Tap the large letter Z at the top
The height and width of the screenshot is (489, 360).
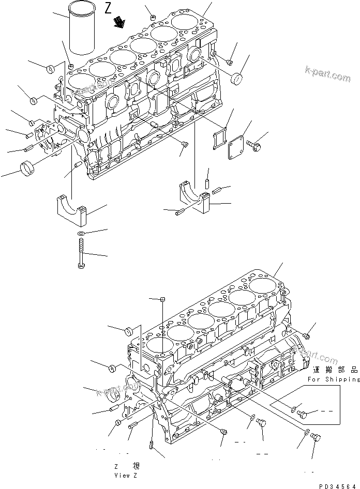(108, 8)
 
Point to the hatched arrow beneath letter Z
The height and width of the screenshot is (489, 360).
(121, 22)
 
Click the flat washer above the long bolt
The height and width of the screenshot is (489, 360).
(81, 234)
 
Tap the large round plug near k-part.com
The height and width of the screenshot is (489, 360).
(237, 79)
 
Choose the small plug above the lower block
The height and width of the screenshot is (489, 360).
(162, 300)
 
